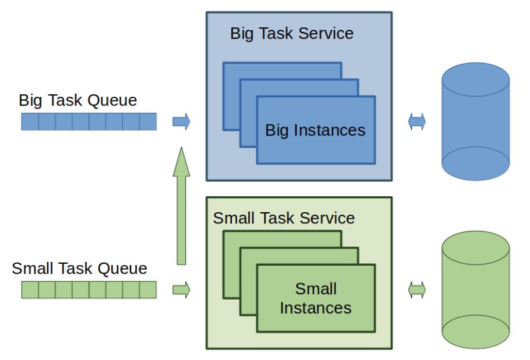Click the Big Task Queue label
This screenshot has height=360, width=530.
coord(78,101)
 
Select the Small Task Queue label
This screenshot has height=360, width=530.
coord(79,269)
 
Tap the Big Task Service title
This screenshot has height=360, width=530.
coord(291,34)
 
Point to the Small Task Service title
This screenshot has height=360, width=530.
coord(284,218)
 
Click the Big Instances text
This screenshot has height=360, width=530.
coord(315,131)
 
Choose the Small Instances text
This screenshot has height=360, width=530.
coord(316,298)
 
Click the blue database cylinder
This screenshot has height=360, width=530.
coord(476,121)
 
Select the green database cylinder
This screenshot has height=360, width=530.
coord(476,290)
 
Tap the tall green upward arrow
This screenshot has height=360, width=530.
coord(182,206)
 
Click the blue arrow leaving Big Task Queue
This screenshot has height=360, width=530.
coord(182,121)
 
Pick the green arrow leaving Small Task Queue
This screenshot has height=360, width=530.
coord(182,290)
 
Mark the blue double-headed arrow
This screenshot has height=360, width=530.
coord(417,121)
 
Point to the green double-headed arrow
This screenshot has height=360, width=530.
coord(417,290)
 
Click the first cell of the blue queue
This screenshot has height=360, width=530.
coord(30,121)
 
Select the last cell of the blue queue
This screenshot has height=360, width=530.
coord(148,121)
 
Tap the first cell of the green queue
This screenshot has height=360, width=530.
coord(30,290)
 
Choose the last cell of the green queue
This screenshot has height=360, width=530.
coord(148,290)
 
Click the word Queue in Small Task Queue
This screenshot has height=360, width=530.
coord(123,269)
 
